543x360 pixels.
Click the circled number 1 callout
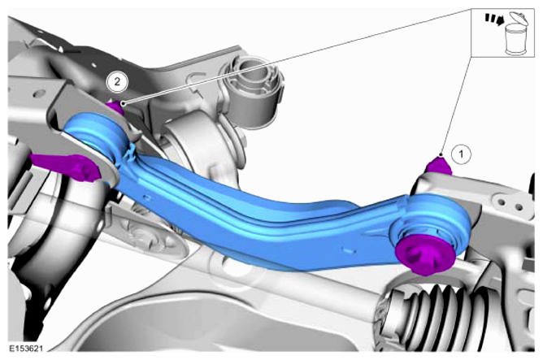click(461, 154)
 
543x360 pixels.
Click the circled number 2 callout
click(117, 82)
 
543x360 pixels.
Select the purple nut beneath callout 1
click(439, 166)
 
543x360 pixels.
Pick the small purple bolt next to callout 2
click(115, 107)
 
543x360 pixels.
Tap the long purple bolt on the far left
click(66, 166)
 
